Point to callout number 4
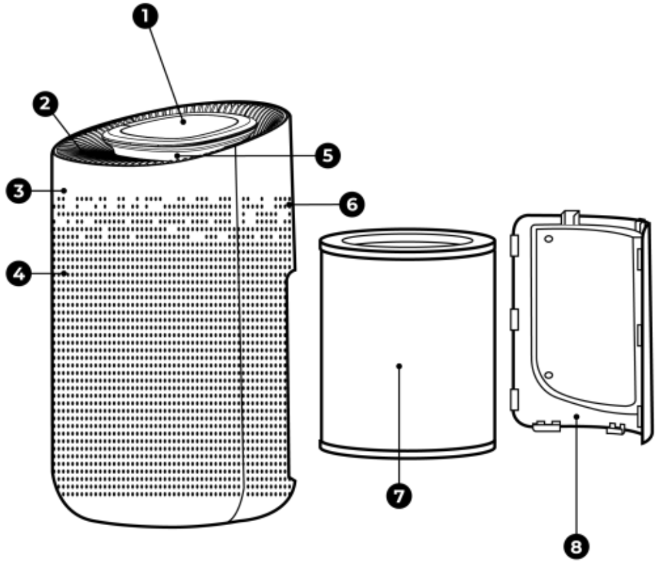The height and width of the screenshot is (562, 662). (x=15, y=274)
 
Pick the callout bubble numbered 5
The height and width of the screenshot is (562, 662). (x=327, y=156)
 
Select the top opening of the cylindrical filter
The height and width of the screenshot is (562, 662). (x=407, y=240)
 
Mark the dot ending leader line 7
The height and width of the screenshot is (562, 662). (x=399, y=366)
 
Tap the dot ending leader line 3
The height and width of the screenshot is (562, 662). (x=64, y=190)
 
